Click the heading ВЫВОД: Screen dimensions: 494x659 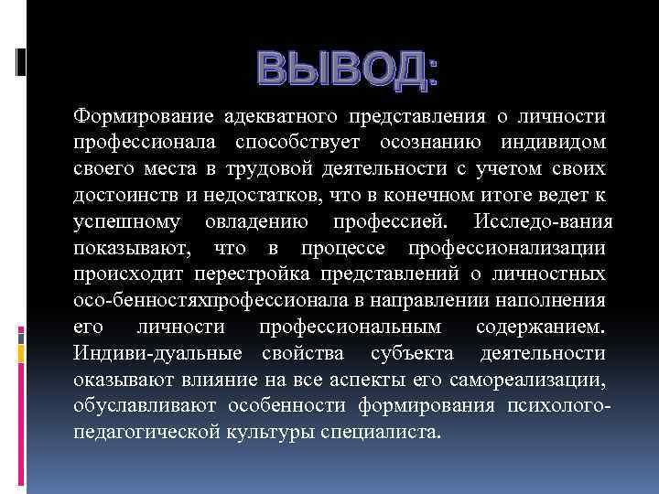pos(348,70)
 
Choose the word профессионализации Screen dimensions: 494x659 pos(506,249)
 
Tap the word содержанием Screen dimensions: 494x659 pos(540,327)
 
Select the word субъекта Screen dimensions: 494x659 pos(412,353)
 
